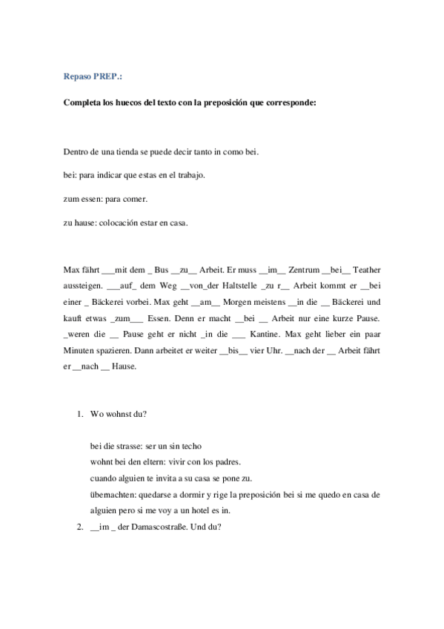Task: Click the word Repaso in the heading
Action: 77,76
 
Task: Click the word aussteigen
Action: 83,287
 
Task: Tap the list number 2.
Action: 79,527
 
